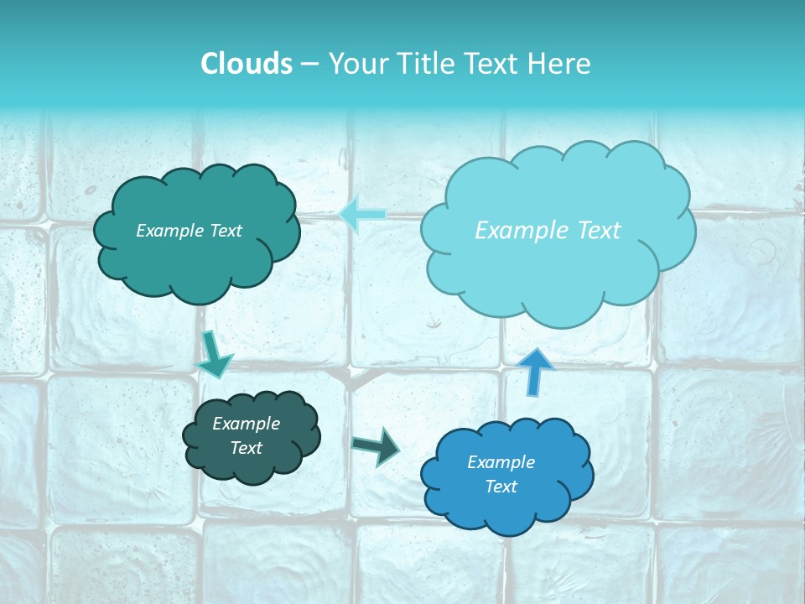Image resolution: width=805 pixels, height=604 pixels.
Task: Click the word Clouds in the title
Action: tap(246, 64)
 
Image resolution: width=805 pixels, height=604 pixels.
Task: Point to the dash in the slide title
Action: tap(309, 65)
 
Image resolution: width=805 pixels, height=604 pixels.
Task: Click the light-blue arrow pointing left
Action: tap(362, 215)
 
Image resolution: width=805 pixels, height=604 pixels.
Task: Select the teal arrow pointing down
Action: tap(215, 353)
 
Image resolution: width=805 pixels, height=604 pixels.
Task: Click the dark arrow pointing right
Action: tap(375, 445)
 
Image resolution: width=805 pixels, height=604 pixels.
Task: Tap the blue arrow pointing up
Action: tap(537, 371)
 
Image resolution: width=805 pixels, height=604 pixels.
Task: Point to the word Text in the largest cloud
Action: tap(596, 230)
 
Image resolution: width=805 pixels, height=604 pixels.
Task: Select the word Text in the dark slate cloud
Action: tap(247, 448)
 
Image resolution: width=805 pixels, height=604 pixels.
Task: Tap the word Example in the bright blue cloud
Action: tap(501, 462)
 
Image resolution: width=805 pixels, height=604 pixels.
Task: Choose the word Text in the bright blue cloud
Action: tap(501, 487)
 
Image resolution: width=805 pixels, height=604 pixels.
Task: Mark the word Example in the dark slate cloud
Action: tap(247, 424)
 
